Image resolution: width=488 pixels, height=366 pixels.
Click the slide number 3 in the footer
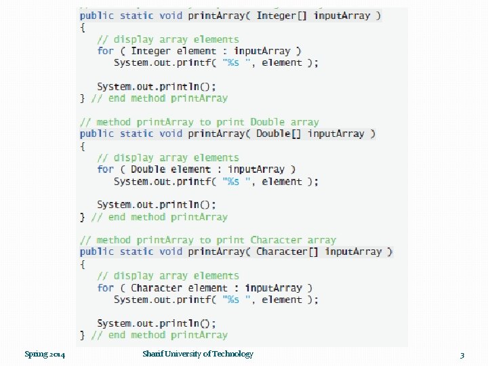(x=462, y=354)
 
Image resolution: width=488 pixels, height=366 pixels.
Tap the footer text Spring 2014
(x=45, y=354)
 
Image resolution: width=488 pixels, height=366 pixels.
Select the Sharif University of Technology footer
(x=198, y=354)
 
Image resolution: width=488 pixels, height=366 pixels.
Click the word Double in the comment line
(x=268, y=122)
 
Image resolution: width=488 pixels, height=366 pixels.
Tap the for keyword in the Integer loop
(x=105, y=51)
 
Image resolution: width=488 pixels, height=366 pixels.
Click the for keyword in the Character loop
(x=105, y=287)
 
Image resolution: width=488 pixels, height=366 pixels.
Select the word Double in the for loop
(x=148, y=169)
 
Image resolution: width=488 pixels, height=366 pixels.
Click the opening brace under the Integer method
(x=83, y=28)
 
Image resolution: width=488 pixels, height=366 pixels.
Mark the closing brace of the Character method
(x=83, y=335)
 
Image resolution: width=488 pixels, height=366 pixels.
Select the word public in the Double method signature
(x=96, y=134)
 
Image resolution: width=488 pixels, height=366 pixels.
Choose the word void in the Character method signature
(x=171, y=251)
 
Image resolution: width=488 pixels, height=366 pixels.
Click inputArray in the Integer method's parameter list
(x=342, y=16)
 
